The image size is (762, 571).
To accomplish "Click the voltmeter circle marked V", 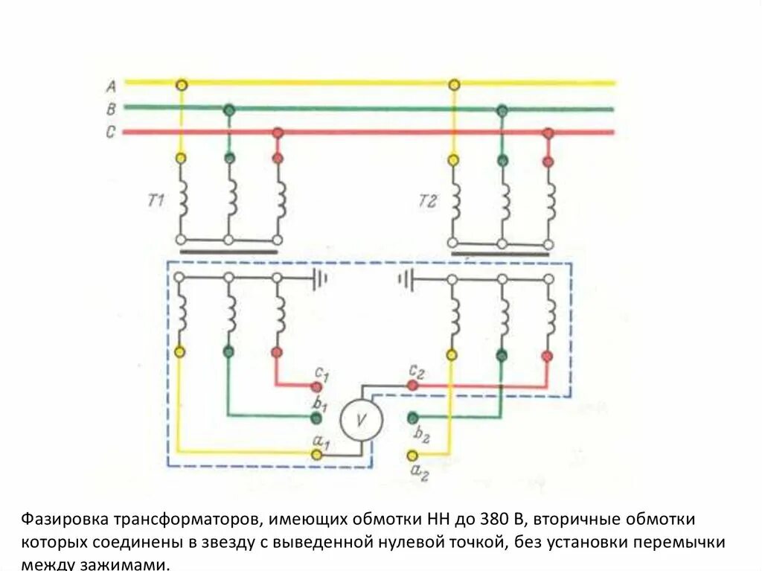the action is (x=362, y=420).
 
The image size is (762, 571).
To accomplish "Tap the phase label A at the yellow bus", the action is (x=110, y=85).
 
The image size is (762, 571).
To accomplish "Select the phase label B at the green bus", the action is (x=110, y=109).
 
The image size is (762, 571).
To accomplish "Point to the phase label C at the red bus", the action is (x=110, y=133).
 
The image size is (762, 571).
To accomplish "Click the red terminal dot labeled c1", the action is (x=317, y=386).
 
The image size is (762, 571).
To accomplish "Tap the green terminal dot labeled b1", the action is (x=317, y=416).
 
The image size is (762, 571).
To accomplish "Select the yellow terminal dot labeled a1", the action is (x=317, y=453).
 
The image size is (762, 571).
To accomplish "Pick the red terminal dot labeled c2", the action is (x=412, y=386).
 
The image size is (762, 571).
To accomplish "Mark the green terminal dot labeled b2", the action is (x=412, y=417).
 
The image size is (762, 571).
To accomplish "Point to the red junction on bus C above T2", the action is (x=548, y=133).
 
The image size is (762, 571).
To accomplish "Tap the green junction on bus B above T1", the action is (x=229, y=109).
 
